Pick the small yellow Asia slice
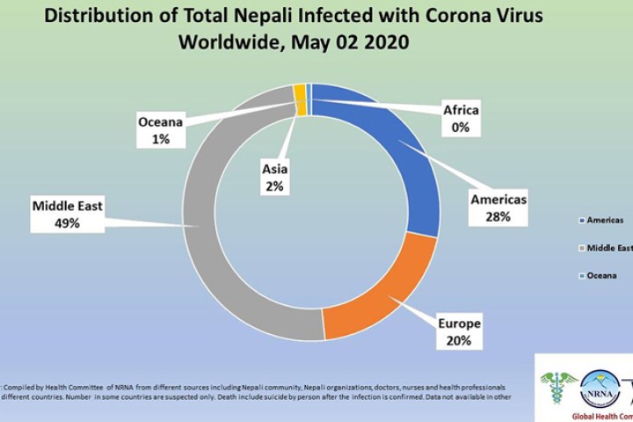coord(300,99)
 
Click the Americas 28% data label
coord(498,207)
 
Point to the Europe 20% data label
coord(460,332)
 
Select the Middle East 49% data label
coord(68,215)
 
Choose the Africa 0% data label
coord(461,119)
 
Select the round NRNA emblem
coord(600,386)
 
